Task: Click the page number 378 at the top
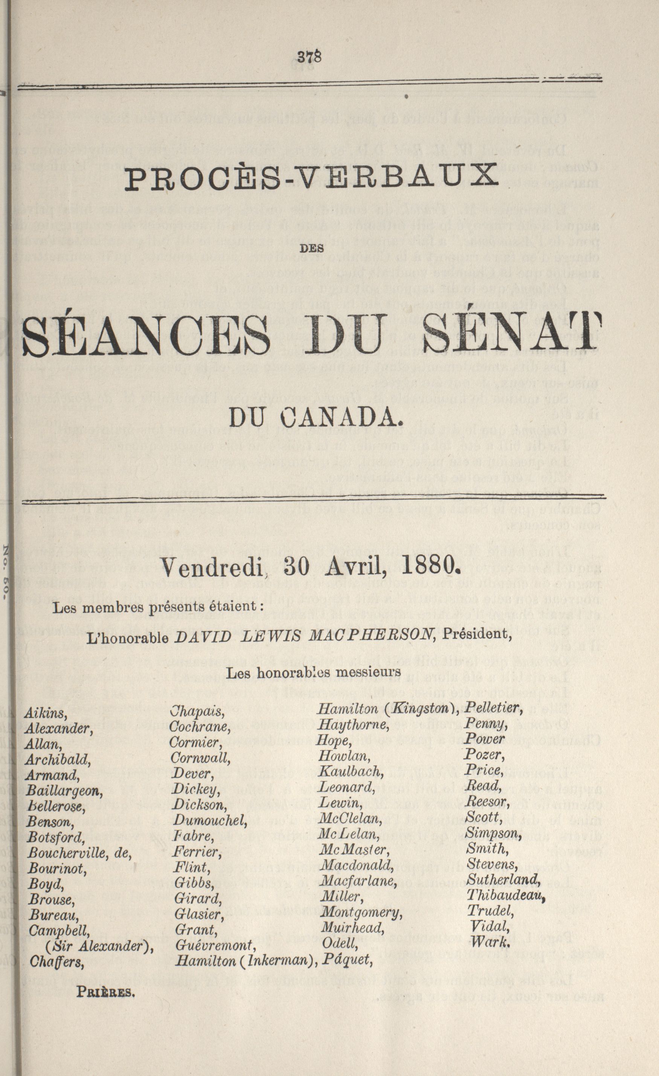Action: [309, 57]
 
